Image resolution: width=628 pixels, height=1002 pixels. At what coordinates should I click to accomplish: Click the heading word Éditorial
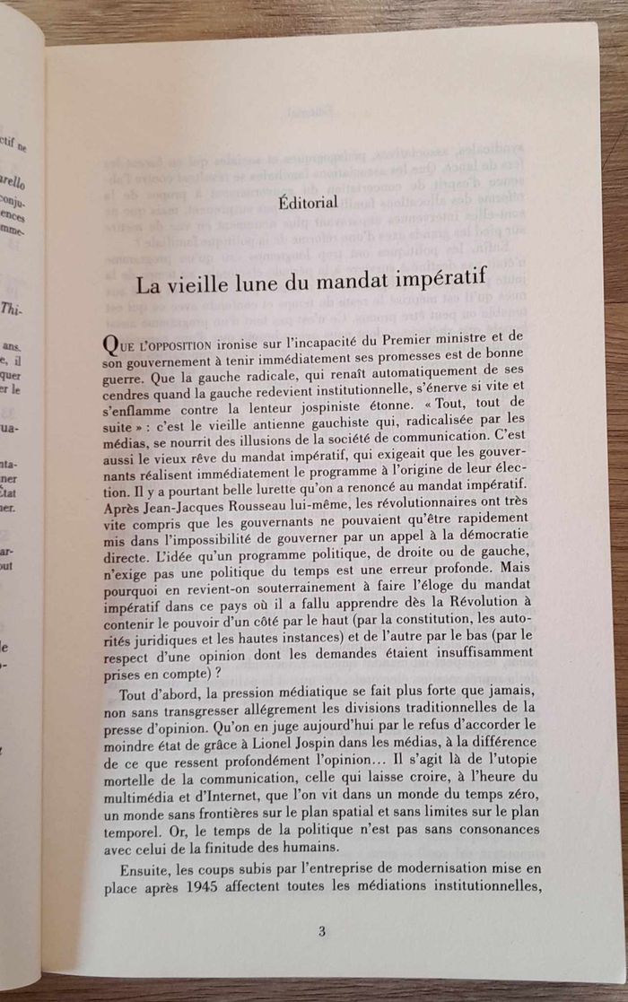coord(308,203)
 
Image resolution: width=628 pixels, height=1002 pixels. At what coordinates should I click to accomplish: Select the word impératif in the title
coord(439,281)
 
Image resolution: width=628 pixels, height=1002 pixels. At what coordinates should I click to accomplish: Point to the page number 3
coord(321,930)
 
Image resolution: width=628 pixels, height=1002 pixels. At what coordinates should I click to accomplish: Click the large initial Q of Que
coord(112,346)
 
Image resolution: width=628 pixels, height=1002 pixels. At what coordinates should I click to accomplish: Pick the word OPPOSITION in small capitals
coord(178,346)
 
